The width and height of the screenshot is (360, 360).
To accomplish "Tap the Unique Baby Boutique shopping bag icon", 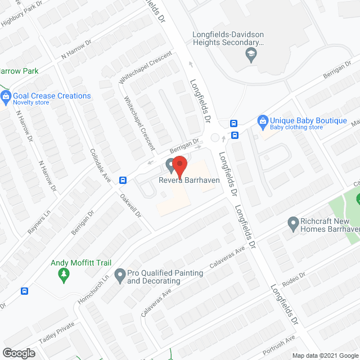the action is coord(262,121).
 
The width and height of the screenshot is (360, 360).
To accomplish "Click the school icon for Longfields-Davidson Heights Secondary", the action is coord(250,54).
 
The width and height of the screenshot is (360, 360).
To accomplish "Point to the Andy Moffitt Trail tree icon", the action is coord(63,275).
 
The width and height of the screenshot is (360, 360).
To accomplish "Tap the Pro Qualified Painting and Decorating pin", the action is coord(119,276).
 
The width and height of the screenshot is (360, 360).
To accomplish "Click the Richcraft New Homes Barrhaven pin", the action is coord(292,224).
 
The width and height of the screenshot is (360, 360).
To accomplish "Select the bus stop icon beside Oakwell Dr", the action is coord(123,180).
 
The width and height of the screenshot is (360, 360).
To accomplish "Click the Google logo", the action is coord(18,353).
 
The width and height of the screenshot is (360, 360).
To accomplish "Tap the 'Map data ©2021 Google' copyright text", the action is coord(325,355).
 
